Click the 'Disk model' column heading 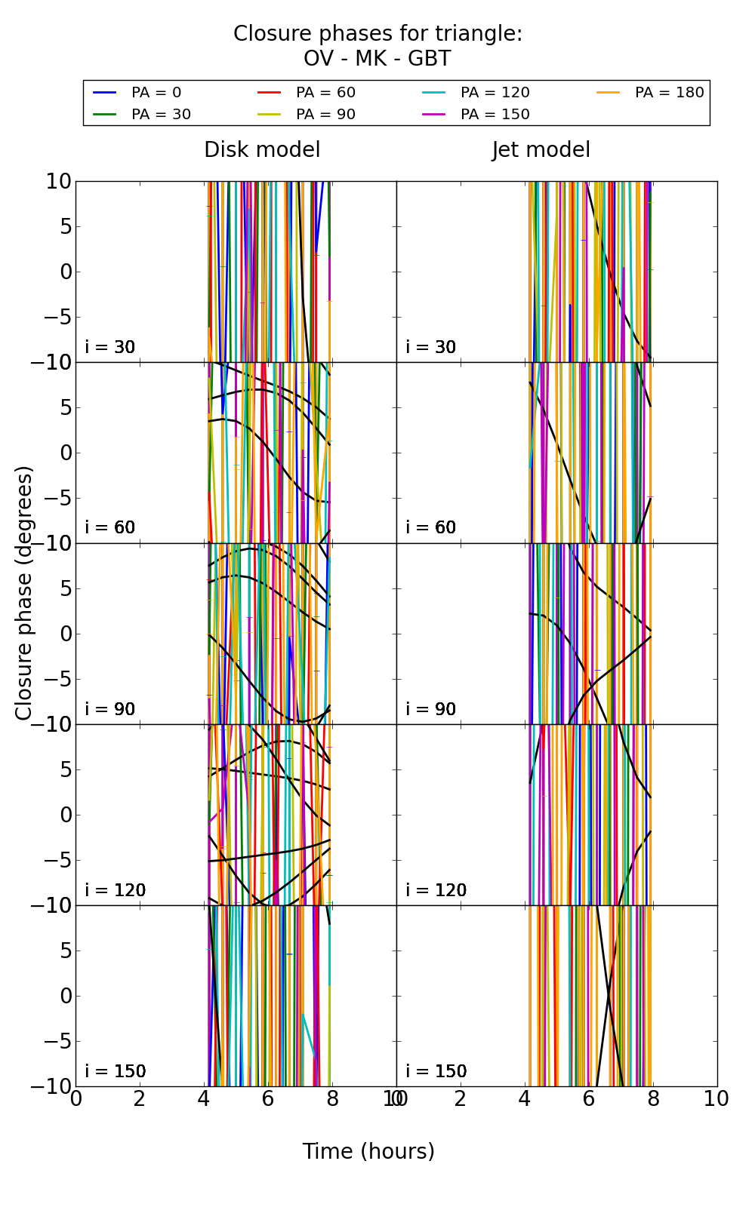[x=262, y=150]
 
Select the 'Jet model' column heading [x=541, y=150]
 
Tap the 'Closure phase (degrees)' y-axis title [x=24, y=593]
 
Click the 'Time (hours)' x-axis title [x=368, y=1151]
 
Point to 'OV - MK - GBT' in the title [x=377, y=59]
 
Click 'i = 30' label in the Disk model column [x=110, y=347]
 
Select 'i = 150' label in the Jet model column [x=436, y=1071]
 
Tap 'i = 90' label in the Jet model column [x=431, y=709]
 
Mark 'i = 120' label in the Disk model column [x=115, y=890]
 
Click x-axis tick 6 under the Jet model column [x=589, y=1099]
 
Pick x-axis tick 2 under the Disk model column [x=140, y=1099]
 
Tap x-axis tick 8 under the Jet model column [x=653, y=1099]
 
